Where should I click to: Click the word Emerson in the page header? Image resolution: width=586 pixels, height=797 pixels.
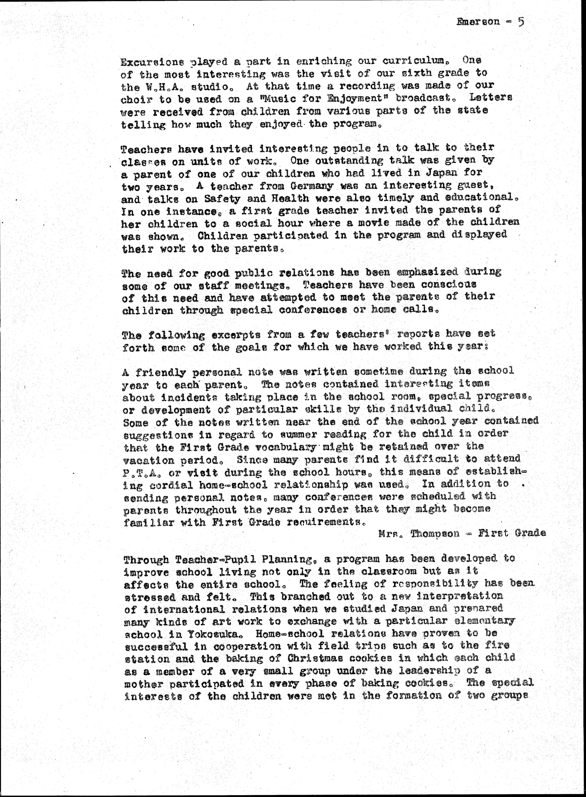[x=479, y=22]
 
